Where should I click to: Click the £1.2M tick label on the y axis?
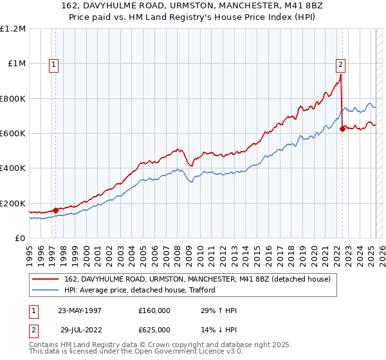point(13,29)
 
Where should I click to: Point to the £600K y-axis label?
point(13,134)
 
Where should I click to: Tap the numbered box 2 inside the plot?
point(340,64)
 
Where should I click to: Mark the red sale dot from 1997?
point(56,210)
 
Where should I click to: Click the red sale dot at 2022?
point(342,129)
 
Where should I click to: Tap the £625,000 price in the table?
point(154,330)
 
